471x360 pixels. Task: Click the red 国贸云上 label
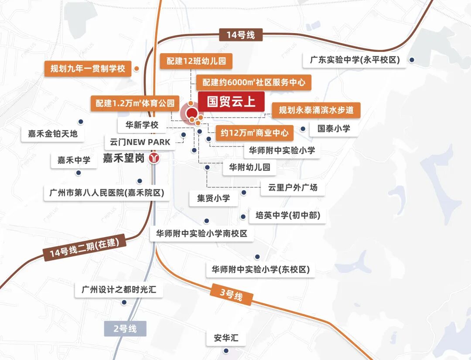231,102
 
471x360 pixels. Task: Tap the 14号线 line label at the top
240,35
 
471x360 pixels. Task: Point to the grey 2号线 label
125,328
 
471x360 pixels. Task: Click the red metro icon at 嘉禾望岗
154,158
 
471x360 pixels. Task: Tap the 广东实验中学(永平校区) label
355,60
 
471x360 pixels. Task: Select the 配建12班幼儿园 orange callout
196,61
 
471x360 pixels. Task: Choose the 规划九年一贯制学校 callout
88,68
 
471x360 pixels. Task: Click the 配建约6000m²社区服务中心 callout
253,82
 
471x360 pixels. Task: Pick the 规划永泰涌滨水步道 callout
316,110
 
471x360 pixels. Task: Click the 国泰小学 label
334,129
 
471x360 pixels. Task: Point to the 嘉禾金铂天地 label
53,134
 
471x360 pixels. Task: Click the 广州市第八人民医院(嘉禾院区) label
107,193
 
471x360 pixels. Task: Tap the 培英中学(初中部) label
290,216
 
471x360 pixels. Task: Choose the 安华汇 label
226,338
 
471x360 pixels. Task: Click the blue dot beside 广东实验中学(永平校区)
411,60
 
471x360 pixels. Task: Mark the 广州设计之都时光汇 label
119,290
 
